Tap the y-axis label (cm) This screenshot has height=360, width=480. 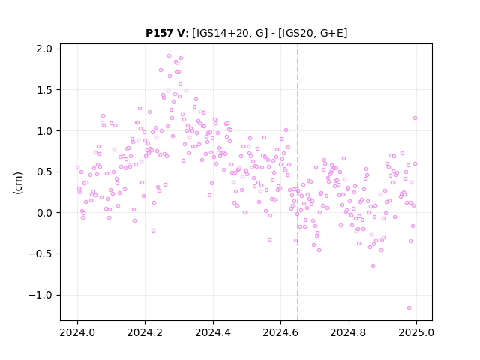(18, 183)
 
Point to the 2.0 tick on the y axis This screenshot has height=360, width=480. (44, 49)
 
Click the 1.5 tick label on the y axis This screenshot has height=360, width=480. (44, 90)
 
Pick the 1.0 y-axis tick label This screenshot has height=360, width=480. (44, 131)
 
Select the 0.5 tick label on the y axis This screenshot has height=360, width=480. (44, 172)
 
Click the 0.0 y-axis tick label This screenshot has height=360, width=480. (44, 213)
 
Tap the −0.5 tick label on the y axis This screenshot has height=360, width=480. (40, 254)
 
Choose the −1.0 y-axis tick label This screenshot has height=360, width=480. (40, 295)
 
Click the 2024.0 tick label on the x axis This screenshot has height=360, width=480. (77, 332)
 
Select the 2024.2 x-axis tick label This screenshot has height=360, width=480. (145, 332)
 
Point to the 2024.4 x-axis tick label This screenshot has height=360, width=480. (213, 332)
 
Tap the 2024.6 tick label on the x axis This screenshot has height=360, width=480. (280, 332)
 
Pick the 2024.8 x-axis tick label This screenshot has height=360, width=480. (348, 332)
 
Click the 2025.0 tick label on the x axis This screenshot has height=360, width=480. (416, 332)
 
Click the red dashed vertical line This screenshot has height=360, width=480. (298, 182)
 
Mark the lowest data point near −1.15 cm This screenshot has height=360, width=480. (409, 308)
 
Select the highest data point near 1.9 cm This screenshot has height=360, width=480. (169, 56)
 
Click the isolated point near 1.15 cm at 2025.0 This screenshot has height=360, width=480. (415, 118)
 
